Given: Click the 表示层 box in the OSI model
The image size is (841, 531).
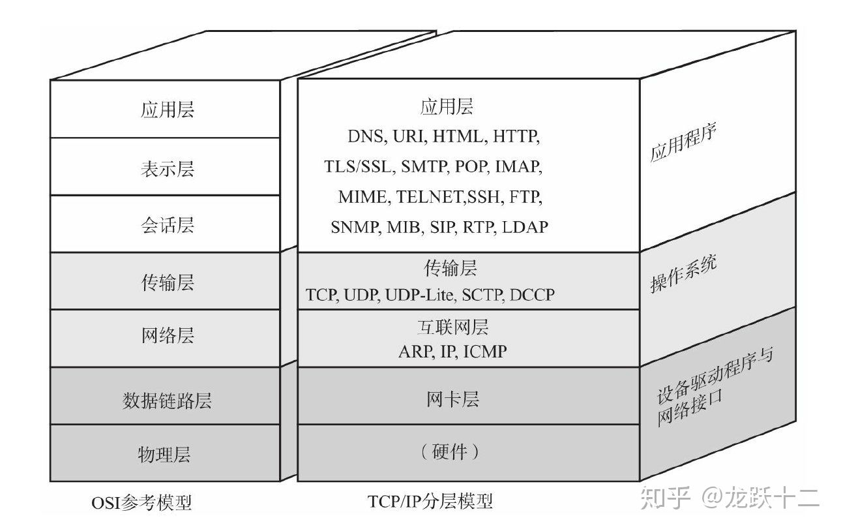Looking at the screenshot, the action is click(x=167, y=168).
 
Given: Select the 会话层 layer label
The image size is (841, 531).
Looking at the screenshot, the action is click(x=167, y=226).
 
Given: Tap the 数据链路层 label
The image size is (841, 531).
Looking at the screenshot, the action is click(x=167, y=400).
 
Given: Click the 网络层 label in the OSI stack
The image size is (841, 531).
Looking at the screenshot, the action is click(x=167, y=337).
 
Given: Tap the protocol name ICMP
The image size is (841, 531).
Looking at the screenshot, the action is click(x=485, y=352).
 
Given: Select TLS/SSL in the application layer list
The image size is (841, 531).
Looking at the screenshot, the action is click(x=359, y=166).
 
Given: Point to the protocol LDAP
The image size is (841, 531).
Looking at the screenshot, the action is click(x=525, y=227).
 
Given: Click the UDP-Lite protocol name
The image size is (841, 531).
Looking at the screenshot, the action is click(x=420, y=295).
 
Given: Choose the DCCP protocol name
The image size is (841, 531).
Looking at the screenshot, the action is click(x=532, y=295).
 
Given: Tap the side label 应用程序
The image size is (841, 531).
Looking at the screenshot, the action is click(x=683, y=144).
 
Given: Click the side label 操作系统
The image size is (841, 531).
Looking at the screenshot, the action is click(x=683, y=274).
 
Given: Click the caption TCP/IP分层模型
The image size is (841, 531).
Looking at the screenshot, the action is click(x=430, y=501).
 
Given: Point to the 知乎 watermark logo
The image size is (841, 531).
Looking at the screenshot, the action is click(x=665, y=498).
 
